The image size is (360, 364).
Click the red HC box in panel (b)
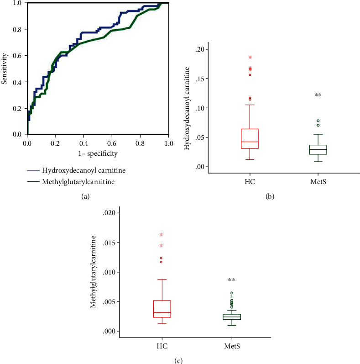(x=250, y=139)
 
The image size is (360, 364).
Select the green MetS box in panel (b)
(x=318, y=150)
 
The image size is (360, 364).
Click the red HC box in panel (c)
(x=162, y=309)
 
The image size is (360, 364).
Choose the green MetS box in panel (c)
(x=232, y=317)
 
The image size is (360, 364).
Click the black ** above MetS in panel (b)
(x=318, y=95)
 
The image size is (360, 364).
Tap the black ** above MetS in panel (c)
(x=232, y=280)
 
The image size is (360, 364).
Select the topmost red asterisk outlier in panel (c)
(x=161, y=235)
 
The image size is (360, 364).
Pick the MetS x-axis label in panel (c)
(x=232, y=346)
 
